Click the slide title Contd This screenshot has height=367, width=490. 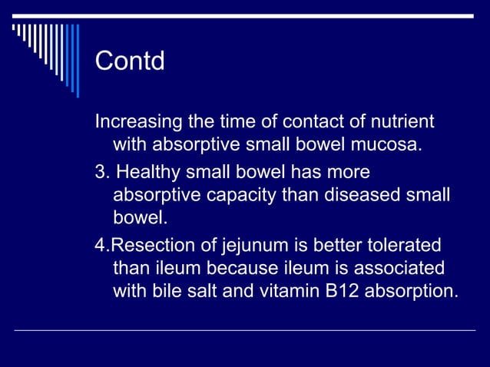click(130, 61)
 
